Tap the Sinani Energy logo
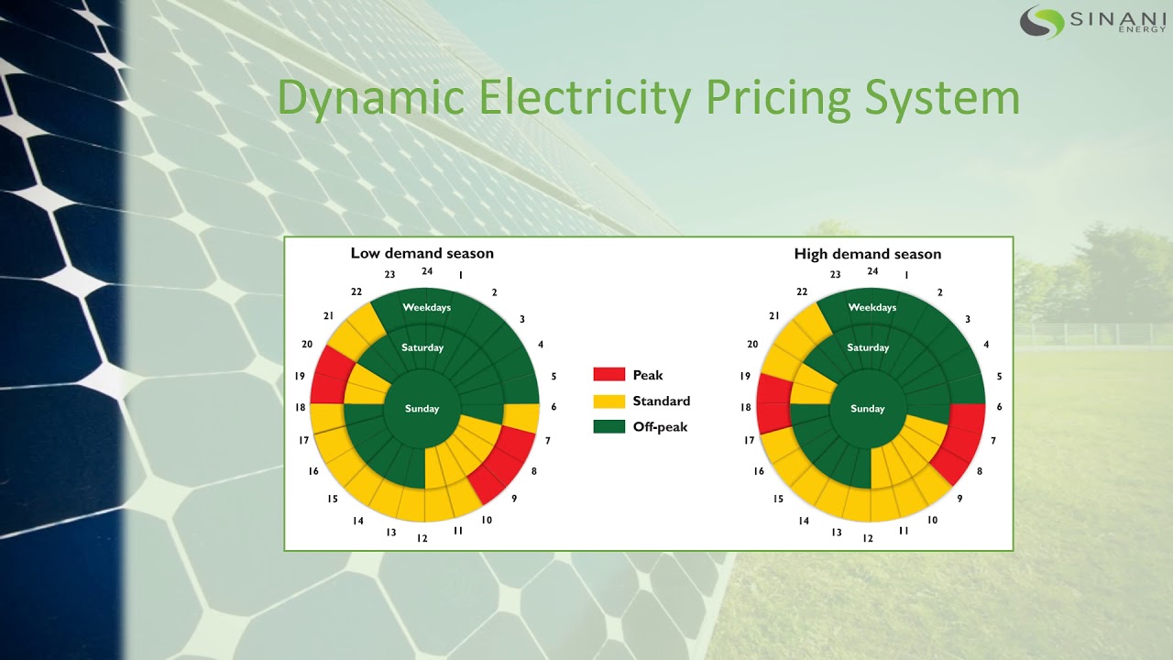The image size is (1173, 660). [1092, 20]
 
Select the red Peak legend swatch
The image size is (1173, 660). [608, 375]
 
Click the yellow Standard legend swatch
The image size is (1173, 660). [608, 401]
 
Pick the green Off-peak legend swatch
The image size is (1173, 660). [608, 426]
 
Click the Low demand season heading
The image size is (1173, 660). [422, 253]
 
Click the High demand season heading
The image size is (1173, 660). [867, 254]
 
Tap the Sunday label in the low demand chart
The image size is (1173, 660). [422, 409]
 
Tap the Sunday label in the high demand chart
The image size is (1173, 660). [867, 409]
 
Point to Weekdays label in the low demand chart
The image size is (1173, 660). [426, 307]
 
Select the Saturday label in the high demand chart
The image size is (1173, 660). [868, 347]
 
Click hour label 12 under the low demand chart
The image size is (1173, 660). [422, 538]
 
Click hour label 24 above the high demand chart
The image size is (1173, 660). [872, 271]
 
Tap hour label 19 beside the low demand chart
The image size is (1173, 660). [299, 376]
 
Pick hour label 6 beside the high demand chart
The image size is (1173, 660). [999, 407]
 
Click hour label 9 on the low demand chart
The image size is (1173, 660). [514, 500]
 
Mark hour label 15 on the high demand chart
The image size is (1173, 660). [777, 500]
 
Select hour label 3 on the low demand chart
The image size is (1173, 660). [522, 319]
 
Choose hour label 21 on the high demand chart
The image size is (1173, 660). [774, 315]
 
